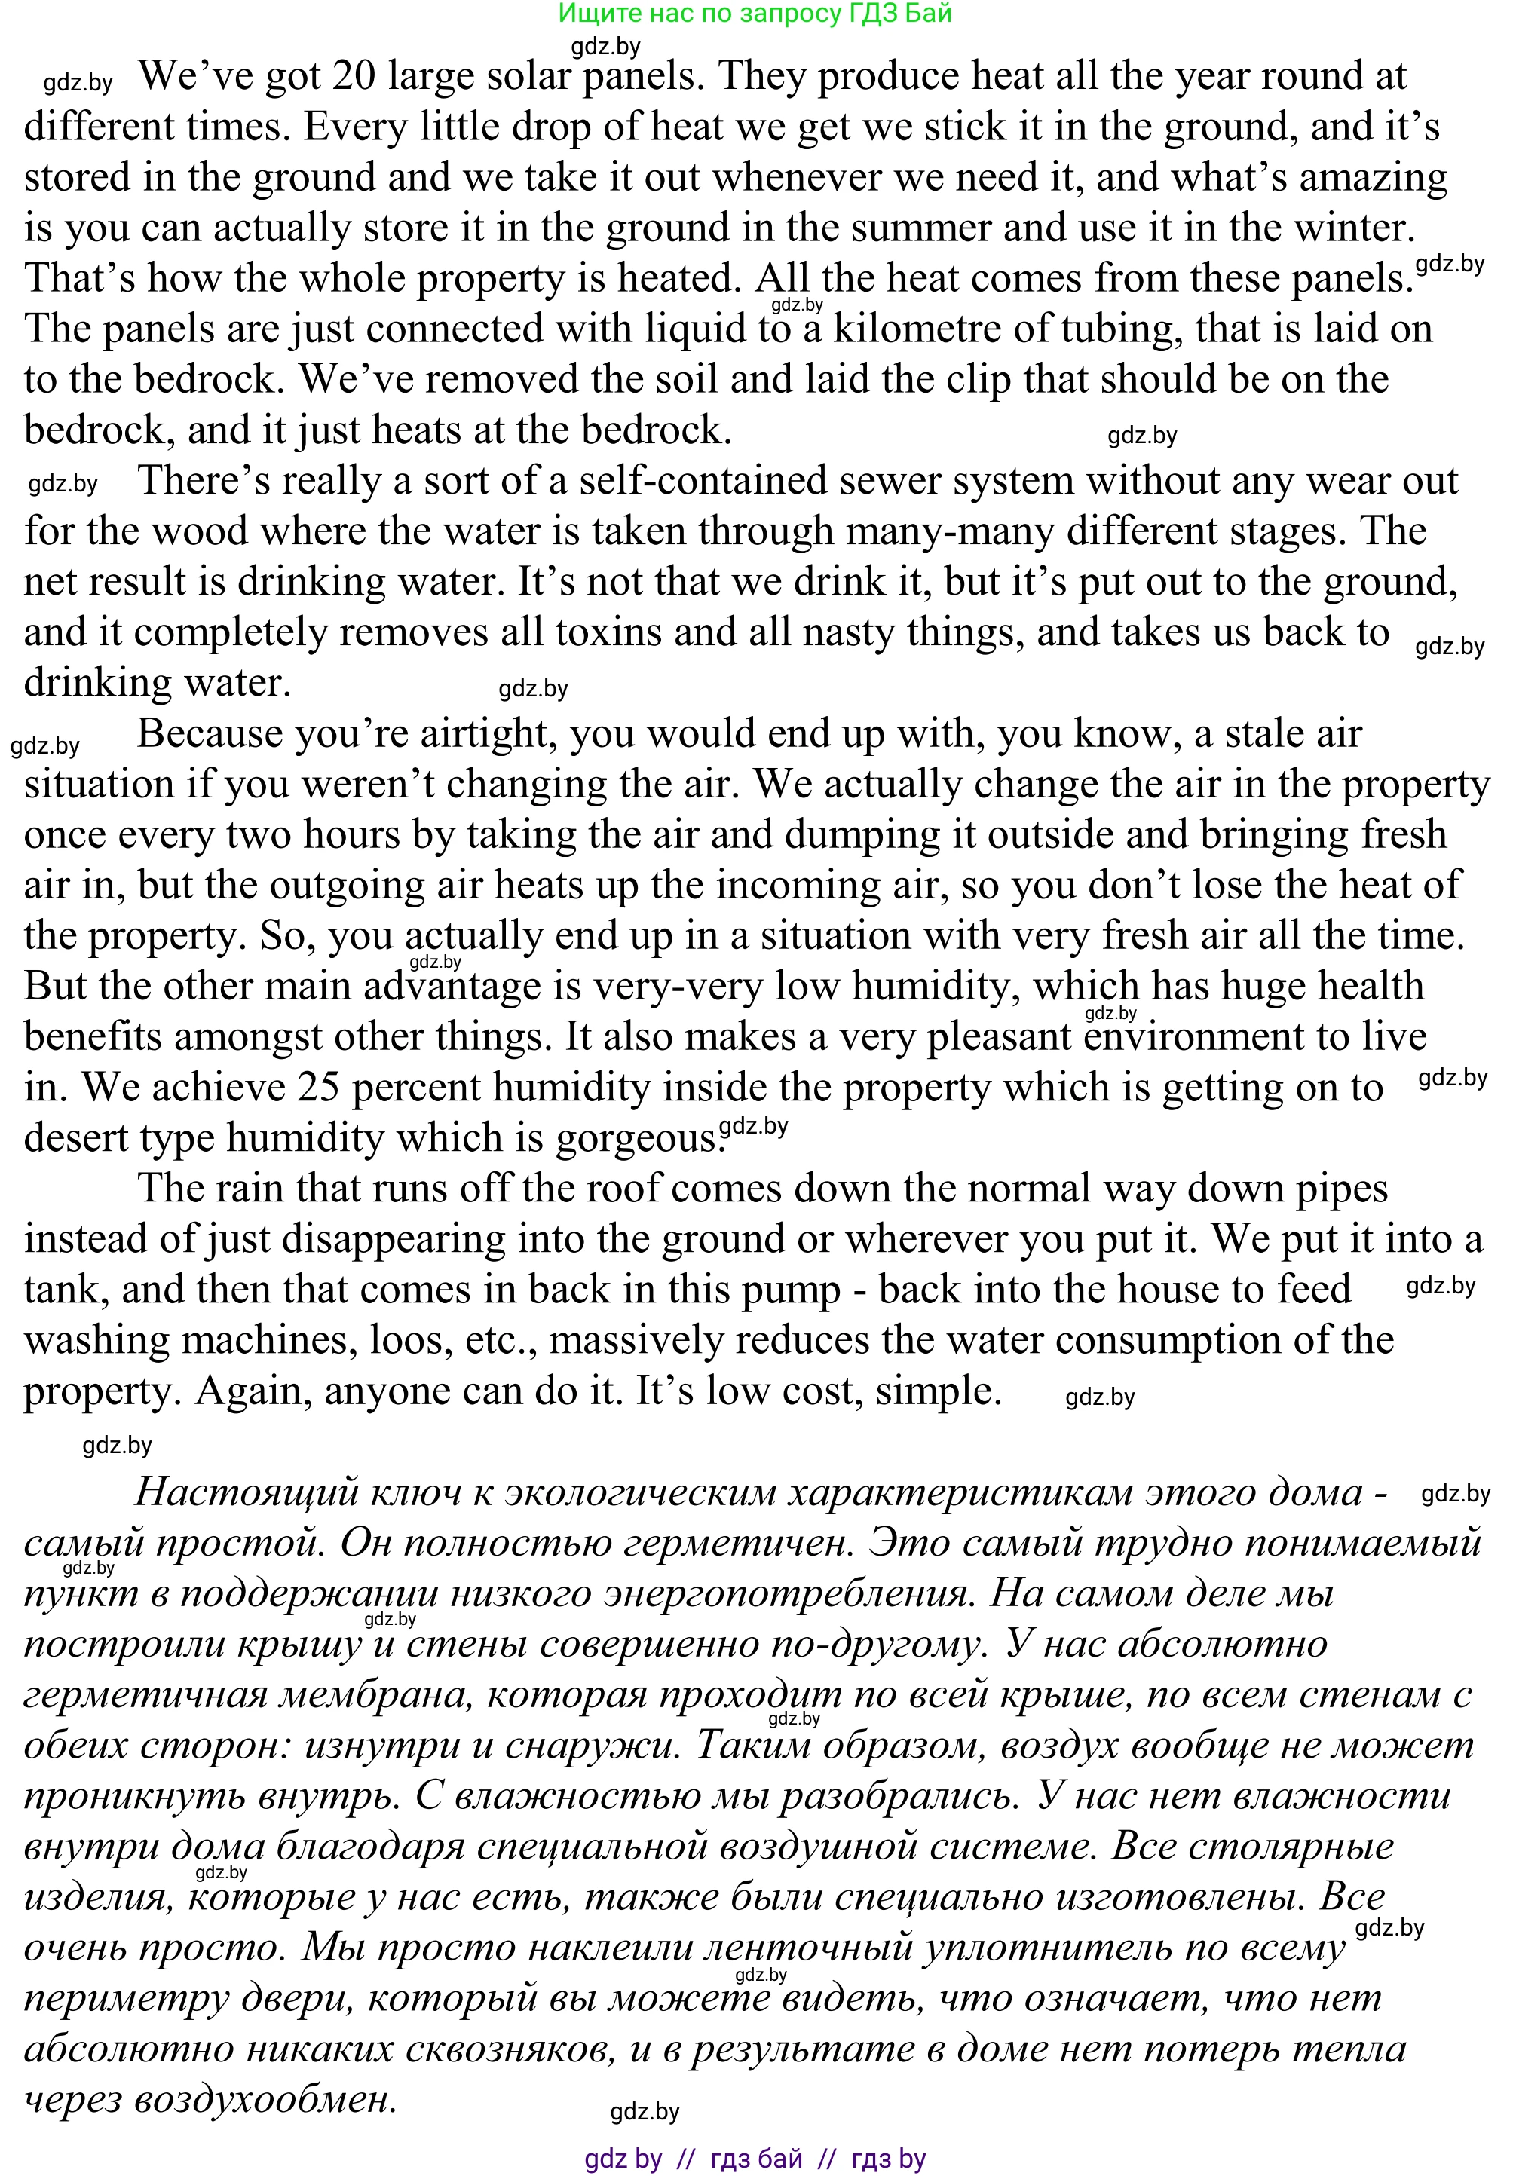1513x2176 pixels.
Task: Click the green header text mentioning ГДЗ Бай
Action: (755, 14)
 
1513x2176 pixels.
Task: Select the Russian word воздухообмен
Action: (265, 2099)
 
